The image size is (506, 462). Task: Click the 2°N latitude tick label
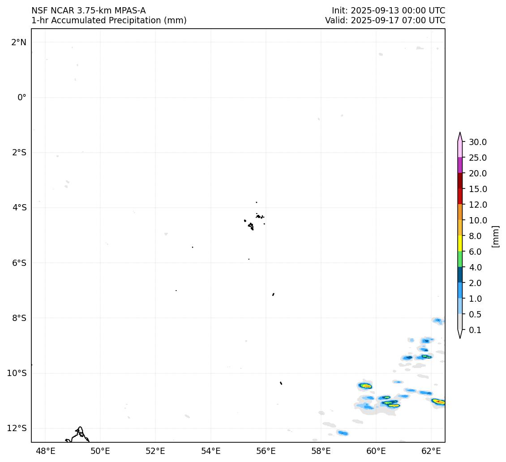18,42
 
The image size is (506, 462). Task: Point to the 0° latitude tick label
22,97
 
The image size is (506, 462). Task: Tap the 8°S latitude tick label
19,318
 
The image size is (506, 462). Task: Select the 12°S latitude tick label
17,428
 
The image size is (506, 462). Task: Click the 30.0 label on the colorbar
478,142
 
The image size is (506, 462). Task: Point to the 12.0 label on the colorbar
478,205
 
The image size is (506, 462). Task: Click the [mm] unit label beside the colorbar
495,236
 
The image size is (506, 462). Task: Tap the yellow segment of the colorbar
460,244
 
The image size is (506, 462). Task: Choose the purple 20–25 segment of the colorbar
460,165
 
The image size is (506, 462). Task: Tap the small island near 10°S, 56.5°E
281,383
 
